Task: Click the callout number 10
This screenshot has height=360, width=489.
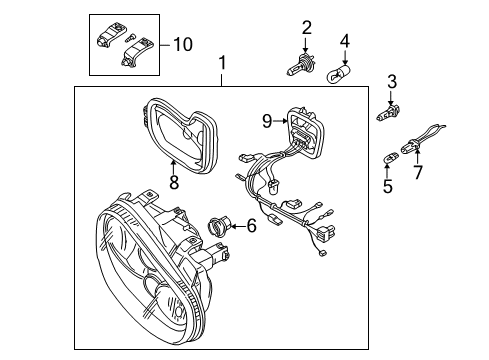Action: [183, 44]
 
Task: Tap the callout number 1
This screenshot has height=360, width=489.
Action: [222, 63]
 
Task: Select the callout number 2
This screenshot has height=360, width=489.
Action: [306, 28]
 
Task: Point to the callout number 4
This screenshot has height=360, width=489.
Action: [345, 41]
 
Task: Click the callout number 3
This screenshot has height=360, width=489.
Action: [392, 82]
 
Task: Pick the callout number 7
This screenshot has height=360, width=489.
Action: [418, 172]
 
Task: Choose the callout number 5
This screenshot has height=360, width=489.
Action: [388, 186]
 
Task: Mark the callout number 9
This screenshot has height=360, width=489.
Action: [267, 121]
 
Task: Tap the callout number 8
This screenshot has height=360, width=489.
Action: [174, 182]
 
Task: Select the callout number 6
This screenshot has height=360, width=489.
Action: [251, 226]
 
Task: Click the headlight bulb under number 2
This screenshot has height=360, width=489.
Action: [301, 65]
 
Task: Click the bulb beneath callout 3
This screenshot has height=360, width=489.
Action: [388, 112]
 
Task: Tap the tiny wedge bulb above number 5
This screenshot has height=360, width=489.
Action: [389, 158]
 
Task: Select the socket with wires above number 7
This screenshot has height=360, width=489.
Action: [421, 139]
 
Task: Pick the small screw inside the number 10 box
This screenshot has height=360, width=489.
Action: [130, 37]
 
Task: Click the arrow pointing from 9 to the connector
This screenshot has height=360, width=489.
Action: [280, 121]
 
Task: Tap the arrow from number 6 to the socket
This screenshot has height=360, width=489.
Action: [237, 226]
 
